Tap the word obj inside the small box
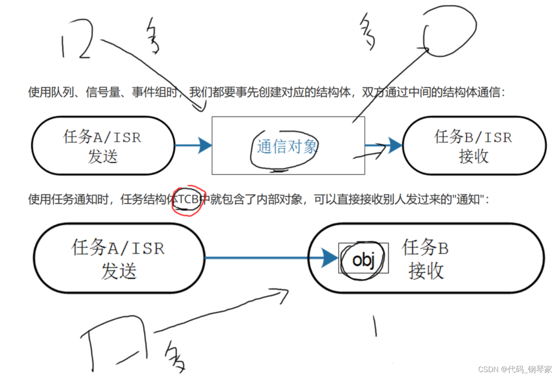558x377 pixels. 363,259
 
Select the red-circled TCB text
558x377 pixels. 188,199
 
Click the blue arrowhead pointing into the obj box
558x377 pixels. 330,258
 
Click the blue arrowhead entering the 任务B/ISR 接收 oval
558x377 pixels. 394,145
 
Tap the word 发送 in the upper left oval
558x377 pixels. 103,156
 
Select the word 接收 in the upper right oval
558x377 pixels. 473,156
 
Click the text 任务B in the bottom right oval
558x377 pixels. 425,248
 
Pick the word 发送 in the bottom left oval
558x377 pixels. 119,271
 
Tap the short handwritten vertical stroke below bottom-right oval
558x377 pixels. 375,326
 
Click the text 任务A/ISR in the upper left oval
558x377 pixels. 102,137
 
